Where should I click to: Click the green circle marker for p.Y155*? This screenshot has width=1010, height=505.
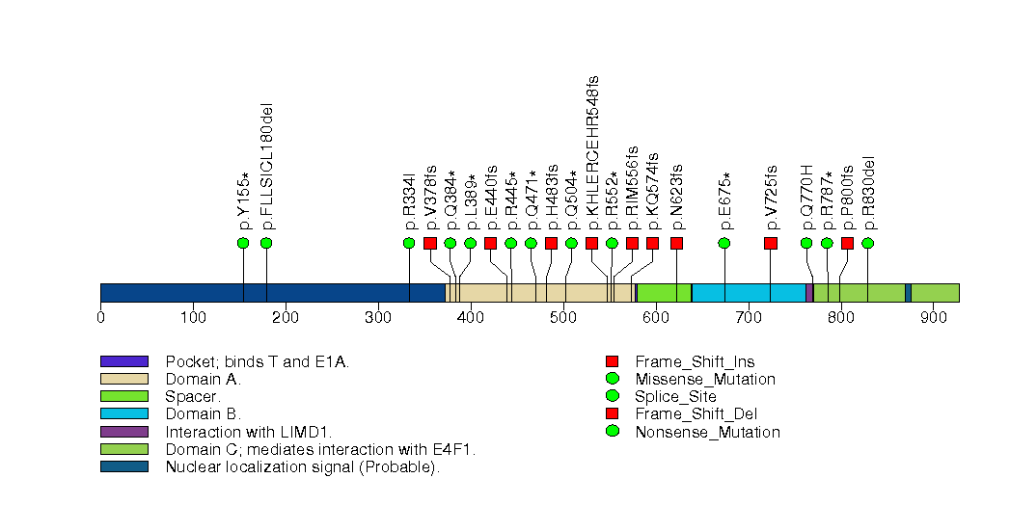(x=243, y=243)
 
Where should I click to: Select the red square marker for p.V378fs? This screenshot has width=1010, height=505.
(x=430, y=243)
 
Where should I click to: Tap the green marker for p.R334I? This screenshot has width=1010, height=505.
(x=409, y=243)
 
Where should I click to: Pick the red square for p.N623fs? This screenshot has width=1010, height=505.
(x=676, y=243)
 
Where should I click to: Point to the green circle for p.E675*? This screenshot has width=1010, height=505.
(x=724, y=243)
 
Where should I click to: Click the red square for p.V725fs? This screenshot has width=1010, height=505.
(x=771, y=243)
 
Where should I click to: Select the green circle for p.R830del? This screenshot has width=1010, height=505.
(x=867, y=243)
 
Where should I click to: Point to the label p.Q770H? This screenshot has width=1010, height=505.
(x=807, y=199)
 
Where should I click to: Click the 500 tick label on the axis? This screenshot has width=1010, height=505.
(x=563, y=317)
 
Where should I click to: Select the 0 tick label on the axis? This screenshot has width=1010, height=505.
(x=100, y=317)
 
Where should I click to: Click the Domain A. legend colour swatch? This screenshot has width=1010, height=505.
(x=123, y=379)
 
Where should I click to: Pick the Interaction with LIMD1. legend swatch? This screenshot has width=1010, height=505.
(x=123, y=432)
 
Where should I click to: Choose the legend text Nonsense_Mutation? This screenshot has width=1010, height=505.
(x=707, y=432)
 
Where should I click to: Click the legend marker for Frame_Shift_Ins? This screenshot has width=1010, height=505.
(x=612, y=361)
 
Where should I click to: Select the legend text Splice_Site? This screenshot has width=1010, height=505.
(x=675, y=396)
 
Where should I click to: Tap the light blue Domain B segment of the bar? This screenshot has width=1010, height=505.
(x=748, y=293)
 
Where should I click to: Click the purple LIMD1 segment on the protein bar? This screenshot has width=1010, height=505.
(x=809, y=293)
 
